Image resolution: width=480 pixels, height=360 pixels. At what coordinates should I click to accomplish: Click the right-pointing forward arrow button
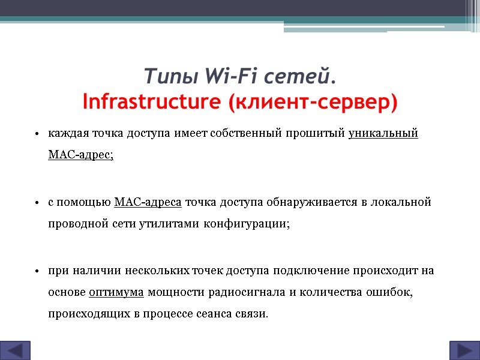[464, 350]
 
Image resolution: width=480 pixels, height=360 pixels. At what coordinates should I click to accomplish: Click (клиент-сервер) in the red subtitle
[312, 102]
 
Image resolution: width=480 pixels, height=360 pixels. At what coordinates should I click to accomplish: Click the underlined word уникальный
[383, 133]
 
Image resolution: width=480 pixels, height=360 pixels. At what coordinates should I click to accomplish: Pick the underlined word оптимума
[116, 292]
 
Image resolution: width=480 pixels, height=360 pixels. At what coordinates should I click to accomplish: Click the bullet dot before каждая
[37, 133]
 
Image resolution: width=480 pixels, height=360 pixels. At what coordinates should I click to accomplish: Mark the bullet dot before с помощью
[37, 202]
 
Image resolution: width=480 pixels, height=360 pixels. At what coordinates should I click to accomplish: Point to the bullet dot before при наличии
[37, 271]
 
